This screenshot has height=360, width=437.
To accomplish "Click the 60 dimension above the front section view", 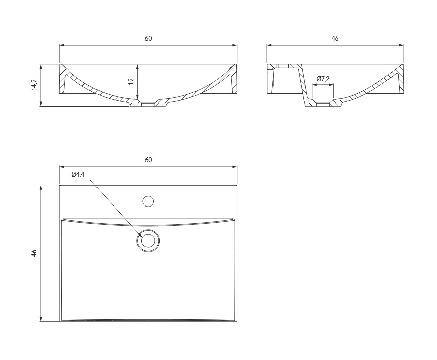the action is pos(148,38).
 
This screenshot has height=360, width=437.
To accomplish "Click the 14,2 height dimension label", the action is pos(34,85).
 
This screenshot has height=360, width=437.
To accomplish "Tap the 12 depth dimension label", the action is pos(131,81).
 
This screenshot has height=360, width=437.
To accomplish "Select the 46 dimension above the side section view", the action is pos(335,38).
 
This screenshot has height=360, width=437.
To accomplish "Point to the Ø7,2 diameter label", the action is pos(323,79).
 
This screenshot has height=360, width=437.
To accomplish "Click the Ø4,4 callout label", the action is pos(78,174).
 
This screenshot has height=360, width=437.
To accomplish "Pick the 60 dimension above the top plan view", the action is pos(148,160).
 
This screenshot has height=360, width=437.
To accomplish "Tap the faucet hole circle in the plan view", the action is pos(148,201).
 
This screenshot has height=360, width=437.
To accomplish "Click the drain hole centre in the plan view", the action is pos(148,241).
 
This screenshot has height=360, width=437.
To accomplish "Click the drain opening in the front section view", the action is pos(148,105).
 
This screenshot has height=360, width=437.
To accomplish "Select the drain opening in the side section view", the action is pos(323,105).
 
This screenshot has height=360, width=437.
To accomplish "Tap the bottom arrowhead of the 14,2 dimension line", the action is pos(41,104).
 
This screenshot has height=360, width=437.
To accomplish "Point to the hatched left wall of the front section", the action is pos(62,79).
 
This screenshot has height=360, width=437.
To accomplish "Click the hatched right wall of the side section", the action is pos(401,79).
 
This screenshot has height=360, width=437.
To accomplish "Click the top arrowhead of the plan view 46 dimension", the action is pos(41,188).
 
